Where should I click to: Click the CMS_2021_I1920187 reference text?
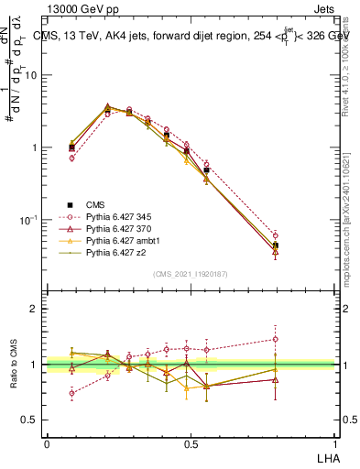tap(189, 273)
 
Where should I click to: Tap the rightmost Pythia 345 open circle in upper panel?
tap(276, 235)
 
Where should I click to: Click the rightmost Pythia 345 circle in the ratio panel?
tap(276, 339)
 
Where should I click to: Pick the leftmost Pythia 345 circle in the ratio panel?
tap(71, 393)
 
